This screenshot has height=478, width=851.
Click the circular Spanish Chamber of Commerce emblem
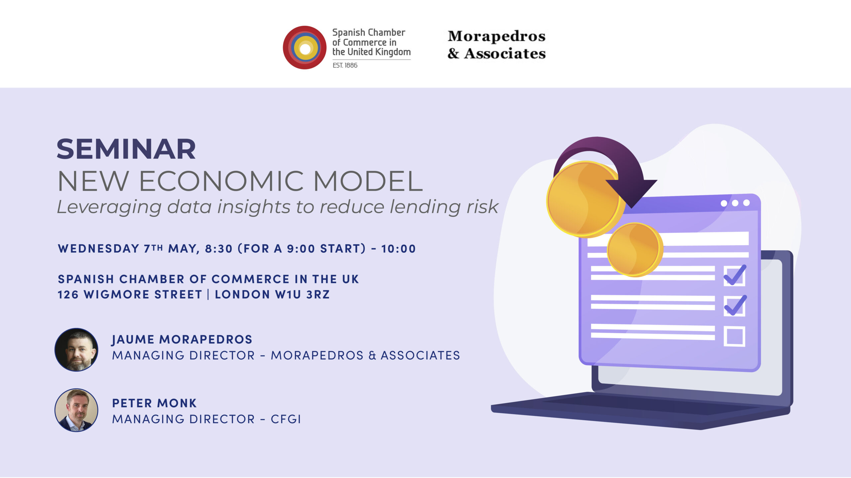304,47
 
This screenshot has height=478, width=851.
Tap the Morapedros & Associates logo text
497,44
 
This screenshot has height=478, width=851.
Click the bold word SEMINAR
126,149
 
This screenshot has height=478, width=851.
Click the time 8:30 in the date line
218,249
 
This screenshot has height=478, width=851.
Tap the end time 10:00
399,249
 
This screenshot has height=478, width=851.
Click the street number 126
68,294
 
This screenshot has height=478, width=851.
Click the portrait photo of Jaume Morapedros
76,350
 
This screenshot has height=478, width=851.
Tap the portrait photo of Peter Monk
76,410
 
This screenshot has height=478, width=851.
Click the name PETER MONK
155,403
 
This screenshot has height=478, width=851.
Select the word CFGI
286,419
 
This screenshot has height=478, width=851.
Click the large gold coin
584,199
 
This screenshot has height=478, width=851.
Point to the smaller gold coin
635,250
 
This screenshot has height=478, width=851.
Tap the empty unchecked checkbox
734,337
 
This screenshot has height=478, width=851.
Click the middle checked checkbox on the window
734,306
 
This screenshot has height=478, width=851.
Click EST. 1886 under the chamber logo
345,65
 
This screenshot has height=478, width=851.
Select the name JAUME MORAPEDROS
182,340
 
